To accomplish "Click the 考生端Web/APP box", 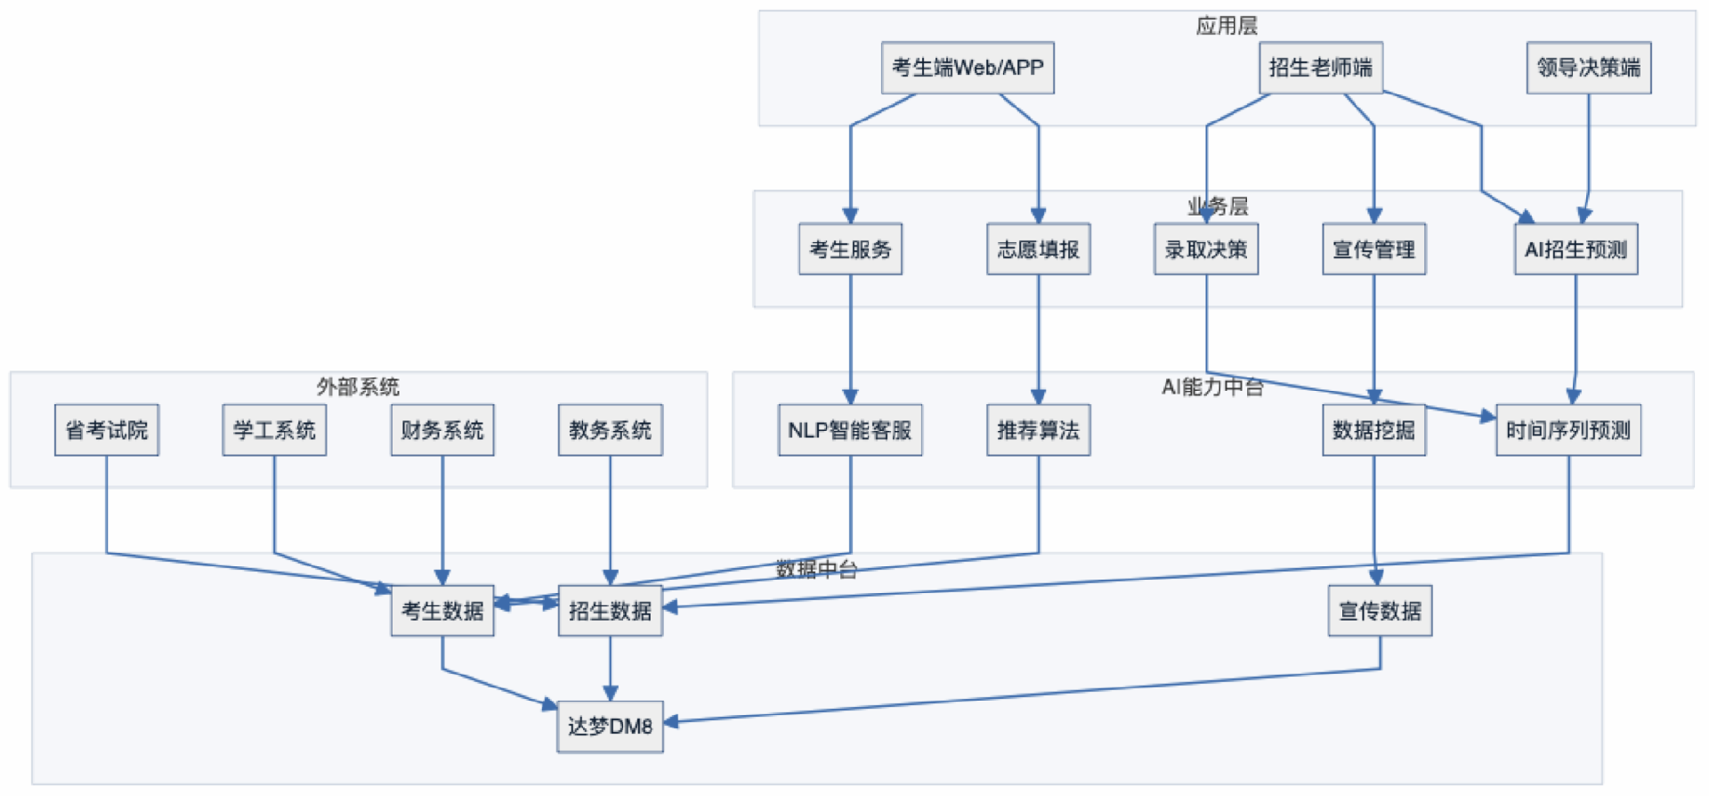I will (x=968, y=68).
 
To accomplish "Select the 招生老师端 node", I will (x=1320, y=68).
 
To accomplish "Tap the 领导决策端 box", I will (x=1588, y=68).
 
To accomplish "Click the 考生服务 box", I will (x=850, y=249).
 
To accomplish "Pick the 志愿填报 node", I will (x=1038, y=249).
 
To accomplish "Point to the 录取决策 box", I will (x=1205, y=249).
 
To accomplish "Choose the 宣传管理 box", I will (x=1373, y=249).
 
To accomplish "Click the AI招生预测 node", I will (x=1575, y=249).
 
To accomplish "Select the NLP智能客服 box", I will (x=850, y=430).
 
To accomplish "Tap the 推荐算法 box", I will (x=1038, y=430).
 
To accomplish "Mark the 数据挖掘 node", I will (x=1373, y=430).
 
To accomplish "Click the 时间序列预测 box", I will (x=1567, y=430).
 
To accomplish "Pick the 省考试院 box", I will (x=107, y=430).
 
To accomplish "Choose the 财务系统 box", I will (x=442, y=430).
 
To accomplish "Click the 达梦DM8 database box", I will (x=610, y=727).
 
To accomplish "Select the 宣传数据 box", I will (x=1380, y=611).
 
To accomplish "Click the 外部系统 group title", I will (x=358, y=386).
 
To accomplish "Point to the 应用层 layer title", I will (x=1226, y=26).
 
